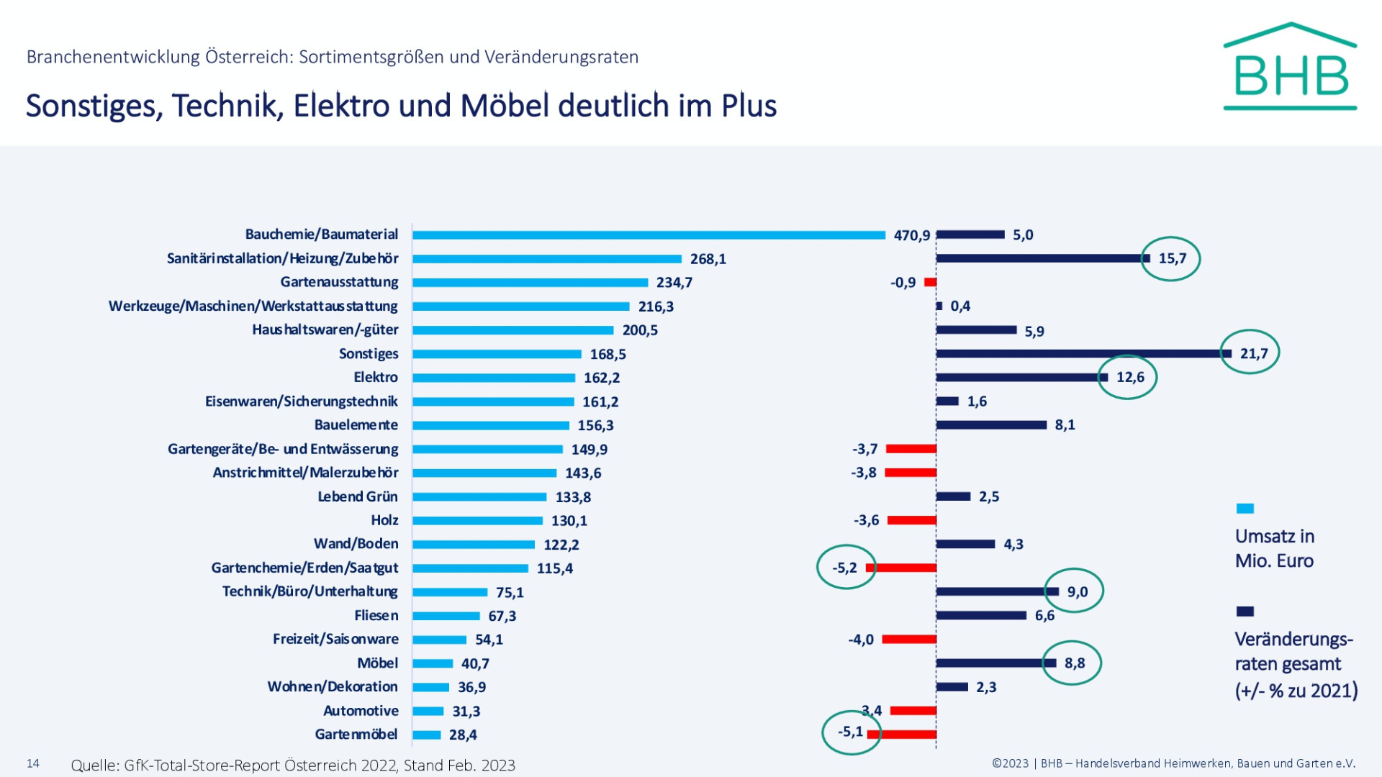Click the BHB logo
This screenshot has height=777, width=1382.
pos(1290,68)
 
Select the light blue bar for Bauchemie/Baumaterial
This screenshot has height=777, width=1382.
pos(648,235)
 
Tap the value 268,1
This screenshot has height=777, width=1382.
pos(708,259)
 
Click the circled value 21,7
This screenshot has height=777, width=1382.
pos(1253,353)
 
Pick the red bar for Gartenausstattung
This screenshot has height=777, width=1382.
pos(930,282)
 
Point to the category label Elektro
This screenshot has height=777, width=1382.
pos(375,377)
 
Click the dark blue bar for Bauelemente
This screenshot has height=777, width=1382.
pos(991,424)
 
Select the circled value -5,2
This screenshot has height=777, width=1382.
pos(844,568)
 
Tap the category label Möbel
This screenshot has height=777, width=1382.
pos(377,663)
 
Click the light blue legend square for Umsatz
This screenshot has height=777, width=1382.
pos(1245,509)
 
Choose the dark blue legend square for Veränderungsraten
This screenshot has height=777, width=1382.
pos(1245,612)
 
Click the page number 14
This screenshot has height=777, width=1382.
pos(33,763)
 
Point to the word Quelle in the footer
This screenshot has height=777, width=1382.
pos(94,765)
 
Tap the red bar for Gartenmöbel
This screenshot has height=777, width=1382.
pos(902,735)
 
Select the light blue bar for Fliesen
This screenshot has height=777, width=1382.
pos(446,616)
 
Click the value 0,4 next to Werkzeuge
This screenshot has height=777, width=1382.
pos(960,306)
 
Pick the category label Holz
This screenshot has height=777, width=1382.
pos(384,520)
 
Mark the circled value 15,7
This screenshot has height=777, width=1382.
pos(1172,258)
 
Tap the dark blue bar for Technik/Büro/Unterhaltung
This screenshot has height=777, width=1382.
pos(997,591)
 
